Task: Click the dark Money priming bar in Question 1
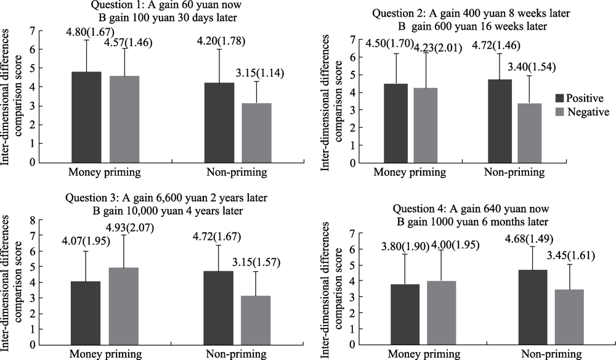[x=86, y=117]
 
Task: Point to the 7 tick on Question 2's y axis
[x=347, y=39]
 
